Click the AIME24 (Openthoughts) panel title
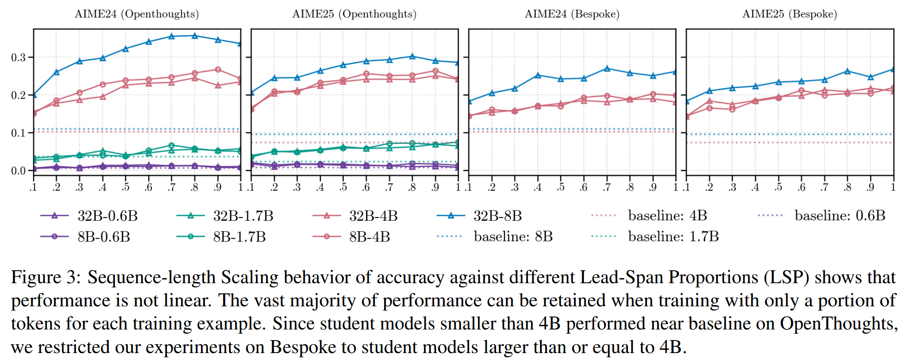pos(137,14)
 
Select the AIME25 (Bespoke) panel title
pos(789,14)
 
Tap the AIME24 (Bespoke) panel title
pos(572,14)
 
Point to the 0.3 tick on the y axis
pos(19,57)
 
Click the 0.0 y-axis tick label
pos(19,171)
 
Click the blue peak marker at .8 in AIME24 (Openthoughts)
pos(195,36)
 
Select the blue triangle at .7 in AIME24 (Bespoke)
pos(607,68)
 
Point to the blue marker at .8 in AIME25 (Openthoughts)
pos(412,56)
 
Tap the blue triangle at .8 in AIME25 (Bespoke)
pos(847,71)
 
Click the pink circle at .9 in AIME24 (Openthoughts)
pos(218,70)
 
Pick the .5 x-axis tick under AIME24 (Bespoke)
pos(561,187)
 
